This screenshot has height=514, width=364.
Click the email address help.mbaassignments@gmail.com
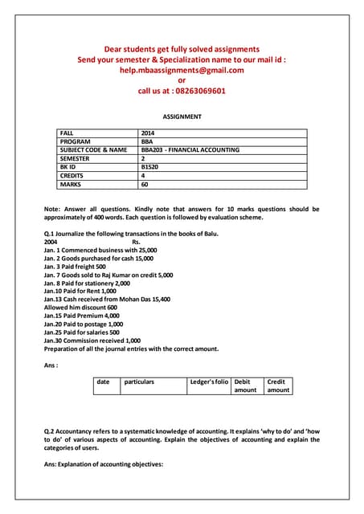[x=181, y=70]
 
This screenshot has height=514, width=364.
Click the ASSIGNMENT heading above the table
[x=182, y=116]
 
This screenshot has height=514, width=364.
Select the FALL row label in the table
[x=69, y=133]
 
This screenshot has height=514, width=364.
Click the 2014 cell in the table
[x=149, y=133]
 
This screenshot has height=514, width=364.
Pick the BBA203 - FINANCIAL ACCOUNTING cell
[x=190, y=149]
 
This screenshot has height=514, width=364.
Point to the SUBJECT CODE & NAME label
[x=93, y=149]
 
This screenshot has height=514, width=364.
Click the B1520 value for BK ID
[x=151, y=166]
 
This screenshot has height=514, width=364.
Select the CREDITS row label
[x=74, y=174]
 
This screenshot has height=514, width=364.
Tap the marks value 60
[x=145, y=183]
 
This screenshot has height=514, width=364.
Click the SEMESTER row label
[x=76, y=158]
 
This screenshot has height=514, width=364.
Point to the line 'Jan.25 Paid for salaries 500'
[x=82, y=332]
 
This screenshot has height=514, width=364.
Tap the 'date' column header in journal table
[x=103, y=381]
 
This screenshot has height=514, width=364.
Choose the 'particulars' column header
[x=139, y=381]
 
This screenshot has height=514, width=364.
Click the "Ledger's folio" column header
[x=209, y=381]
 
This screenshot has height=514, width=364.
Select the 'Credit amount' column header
[x=278, y=385]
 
